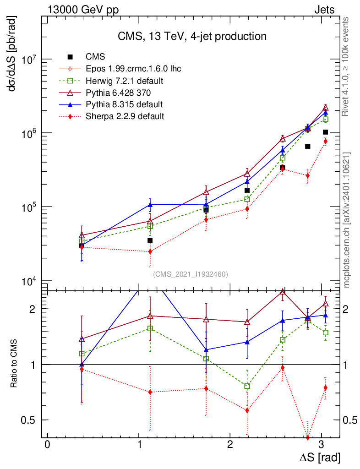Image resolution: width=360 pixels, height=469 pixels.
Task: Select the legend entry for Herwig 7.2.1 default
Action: tap(124, 81)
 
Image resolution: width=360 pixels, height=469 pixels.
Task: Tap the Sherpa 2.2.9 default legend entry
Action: tap(124, 116)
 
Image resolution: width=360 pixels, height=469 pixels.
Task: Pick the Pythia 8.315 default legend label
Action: tap(124, 104)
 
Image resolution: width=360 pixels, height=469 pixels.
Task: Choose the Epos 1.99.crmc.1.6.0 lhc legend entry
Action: tap(133, 69)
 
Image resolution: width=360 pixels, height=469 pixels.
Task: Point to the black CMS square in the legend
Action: tap(70, 57)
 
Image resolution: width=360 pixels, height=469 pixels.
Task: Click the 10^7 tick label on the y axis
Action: tap(28, 60)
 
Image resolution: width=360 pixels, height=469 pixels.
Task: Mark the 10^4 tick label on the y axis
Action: tap(28, 280)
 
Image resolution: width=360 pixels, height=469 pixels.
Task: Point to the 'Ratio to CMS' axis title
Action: tap(14, 365)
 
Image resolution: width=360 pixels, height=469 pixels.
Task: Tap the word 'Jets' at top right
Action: tap(324, 10)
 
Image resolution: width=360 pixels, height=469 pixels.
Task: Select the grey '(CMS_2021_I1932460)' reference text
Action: tap(190, 274)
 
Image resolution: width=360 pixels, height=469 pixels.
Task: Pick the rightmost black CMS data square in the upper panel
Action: tap(326, 132)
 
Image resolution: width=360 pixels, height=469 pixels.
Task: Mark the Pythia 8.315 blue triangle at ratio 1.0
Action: tap(82, 365)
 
